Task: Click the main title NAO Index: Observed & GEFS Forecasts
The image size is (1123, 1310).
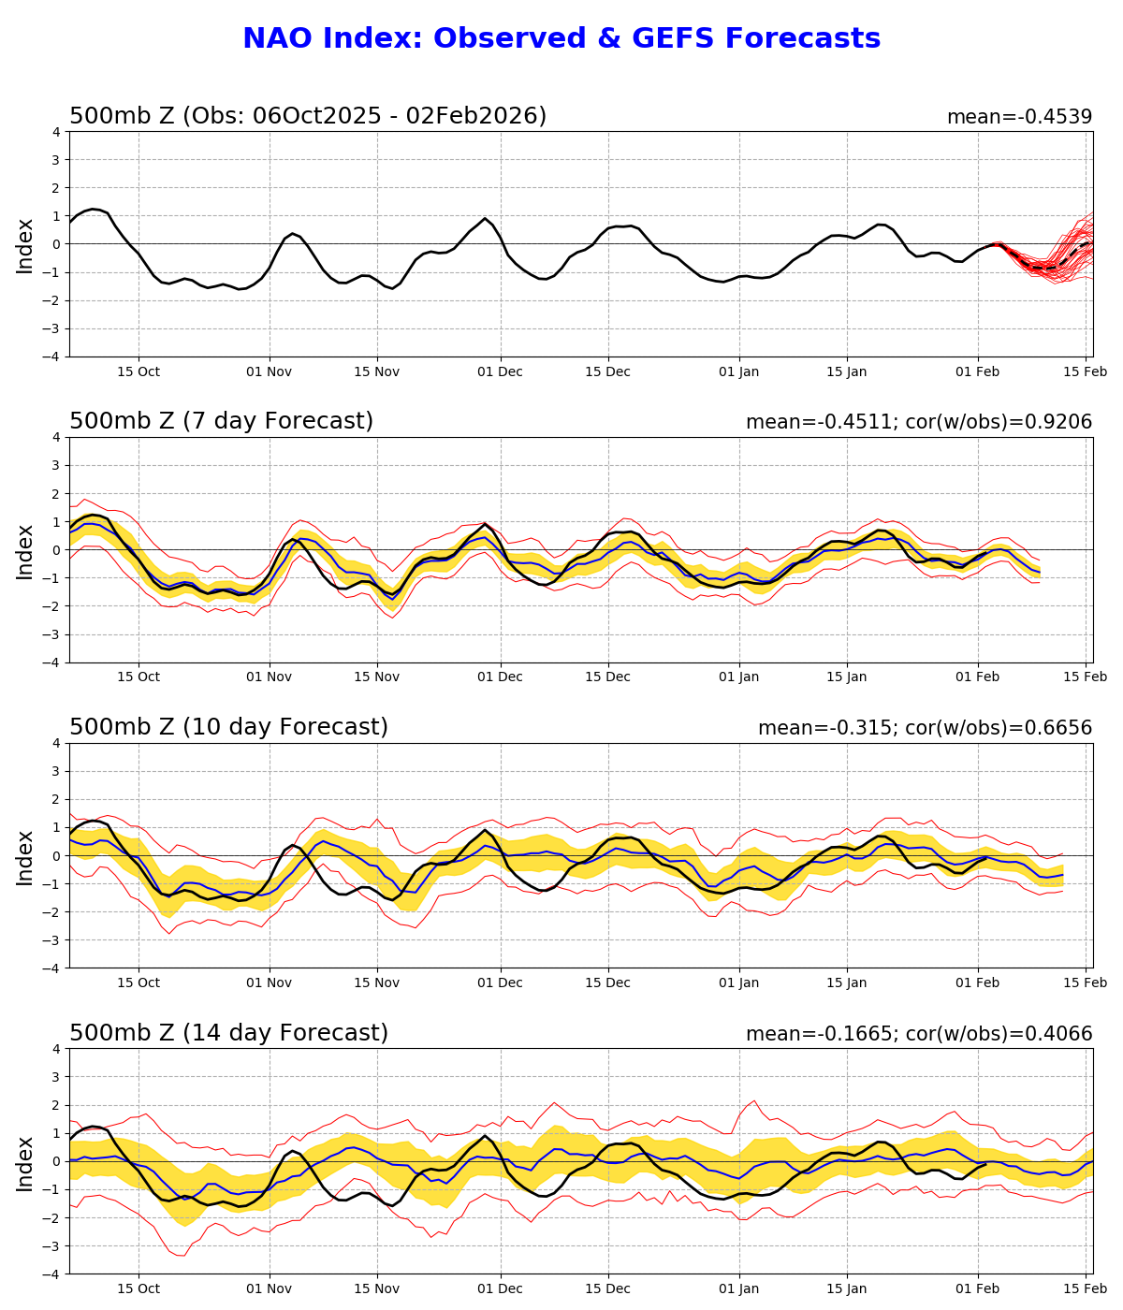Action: (x=561, y=39)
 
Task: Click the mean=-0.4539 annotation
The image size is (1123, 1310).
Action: (x=1019, y=117)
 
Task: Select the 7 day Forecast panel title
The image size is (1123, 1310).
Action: (x=221, y=421)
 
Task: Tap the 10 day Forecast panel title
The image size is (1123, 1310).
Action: (x=228, y=727)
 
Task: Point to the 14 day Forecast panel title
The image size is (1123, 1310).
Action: (x=228, y=1033)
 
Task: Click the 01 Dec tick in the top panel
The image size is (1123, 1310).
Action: (x=500, y=371)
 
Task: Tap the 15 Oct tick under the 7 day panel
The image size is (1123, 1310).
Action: (x=139, y=677)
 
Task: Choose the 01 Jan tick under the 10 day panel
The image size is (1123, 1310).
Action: (x=738, y=983)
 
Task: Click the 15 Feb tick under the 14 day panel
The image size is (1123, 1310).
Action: (x=1087, y=1289)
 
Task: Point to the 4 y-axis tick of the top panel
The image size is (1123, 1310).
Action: (x=56, y=132)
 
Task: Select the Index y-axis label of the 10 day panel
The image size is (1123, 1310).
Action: (x=25, y=856)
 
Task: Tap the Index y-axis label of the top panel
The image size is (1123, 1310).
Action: (x=25, y=245)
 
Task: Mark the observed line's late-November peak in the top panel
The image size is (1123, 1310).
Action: (x=485, y=219)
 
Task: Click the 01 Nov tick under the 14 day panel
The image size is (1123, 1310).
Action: (x=270, y=1289)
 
